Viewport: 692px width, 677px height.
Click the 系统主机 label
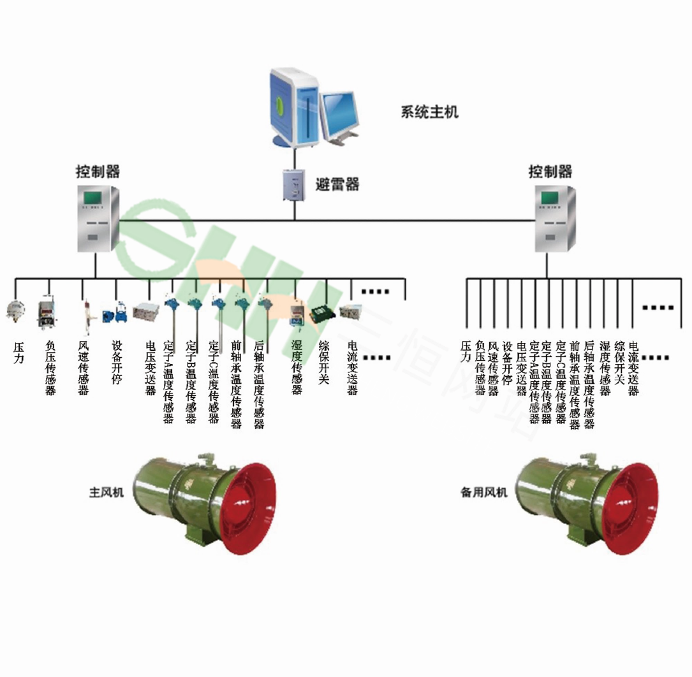[429, 112]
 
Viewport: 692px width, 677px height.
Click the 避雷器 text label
[337, 185]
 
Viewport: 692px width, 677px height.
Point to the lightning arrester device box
[294, 184]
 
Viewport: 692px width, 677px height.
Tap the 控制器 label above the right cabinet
[550, 171]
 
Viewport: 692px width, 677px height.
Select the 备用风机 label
[484, 492]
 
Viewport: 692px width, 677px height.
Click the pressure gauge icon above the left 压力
[14, 310]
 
